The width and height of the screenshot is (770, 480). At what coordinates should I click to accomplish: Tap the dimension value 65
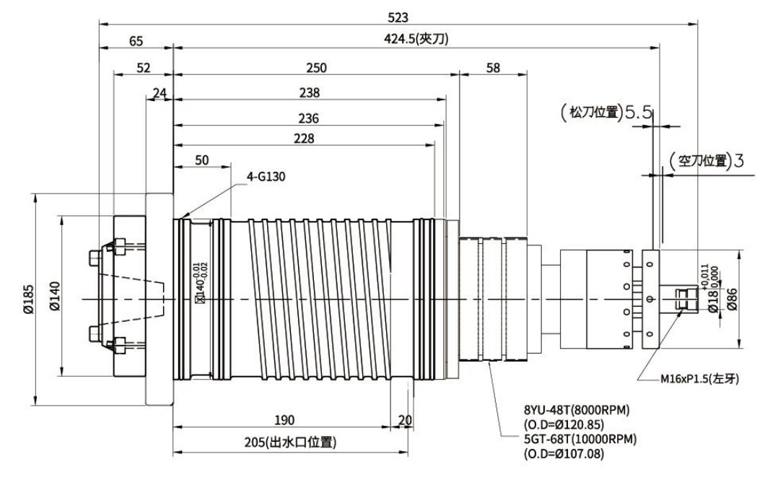[136, 41]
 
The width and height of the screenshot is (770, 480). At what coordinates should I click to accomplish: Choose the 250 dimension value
[316, 67]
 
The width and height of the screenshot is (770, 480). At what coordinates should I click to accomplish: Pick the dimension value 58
[493, 67]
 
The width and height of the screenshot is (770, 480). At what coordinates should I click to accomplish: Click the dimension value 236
[308, 118]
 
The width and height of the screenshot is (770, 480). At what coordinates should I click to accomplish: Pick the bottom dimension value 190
[282, 419]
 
